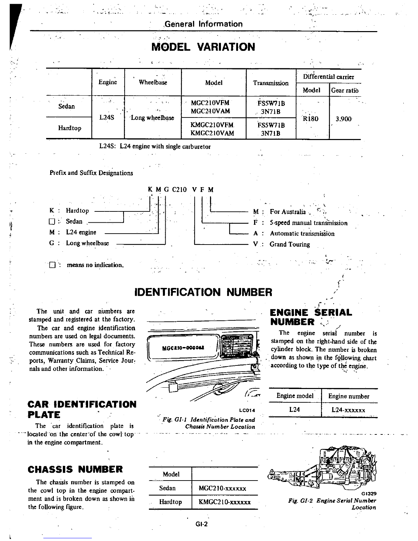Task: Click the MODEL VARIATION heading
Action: [x=203, y=47]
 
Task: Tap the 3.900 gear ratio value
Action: [x=344, y=119]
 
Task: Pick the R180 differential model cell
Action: [x=310, y=119]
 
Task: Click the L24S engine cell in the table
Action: [x=107, y=117]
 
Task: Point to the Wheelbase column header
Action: [x=153, y=82]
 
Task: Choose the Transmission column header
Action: [x=270, y=83]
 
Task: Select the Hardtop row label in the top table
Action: [x=70, y=128]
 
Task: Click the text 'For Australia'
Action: [x=288, y=212]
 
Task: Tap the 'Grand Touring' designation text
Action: [x=290, y=244]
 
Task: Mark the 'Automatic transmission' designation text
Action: [x=302, y=234]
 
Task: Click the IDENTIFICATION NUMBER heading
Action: [x=204, y=292]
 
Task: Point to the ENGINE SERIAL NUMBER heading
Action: [x=310, y=317]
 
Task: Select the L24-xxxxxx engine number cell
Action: [x=348, y=410]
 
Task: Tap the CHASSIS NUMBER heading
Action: [x=75, y=469]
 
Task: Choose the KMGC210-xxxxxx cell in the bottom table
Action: [x=224, y=502]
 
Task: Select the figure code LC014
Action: [x=247, y=410]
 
